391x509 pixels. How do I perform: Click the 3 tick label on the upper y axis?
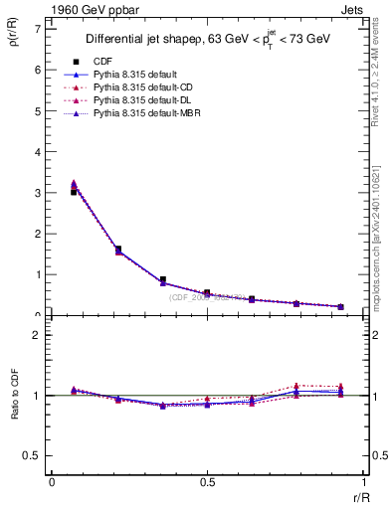pos(37,192)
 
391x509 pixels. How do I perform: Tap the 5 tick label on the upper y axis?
pos(37,110)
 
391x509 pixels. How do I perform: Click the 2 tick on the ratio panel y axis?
pos(37,335)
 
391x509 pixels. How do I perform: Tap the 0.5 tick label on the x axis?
pos(206,483)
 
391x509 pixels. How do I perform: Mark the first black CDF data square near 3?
pos(74,192)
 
